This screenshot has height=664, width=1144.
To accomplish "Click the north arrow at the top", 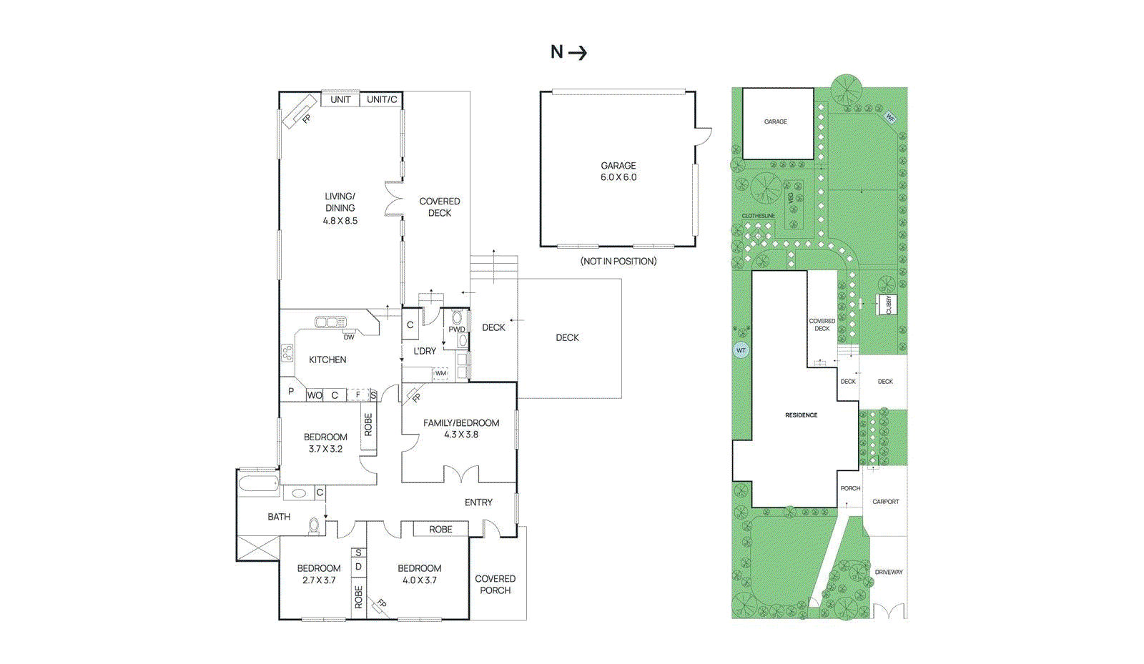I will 568,52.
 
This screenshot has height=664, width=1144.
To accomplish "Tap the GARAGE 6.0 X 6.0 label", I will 618,172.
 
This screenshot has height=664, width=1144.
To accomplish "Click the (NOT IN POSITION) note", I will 618,262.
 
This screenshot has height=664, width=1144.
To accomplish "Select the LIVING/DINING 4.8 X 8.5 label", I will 340,208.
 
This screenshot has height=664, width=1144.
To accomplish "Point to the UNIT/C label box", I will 381,99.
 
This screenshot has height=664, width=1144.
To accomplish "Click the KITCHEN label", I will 327,360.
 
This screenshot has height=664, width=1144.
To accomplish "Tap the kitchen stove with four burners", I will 287,352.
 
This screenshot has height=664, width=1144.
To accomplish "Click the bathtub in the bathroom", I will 258,484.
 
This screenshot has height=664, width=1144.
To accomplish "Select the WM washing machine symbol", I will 441,373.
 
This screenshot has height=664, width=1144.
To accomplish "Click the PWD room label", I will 456,329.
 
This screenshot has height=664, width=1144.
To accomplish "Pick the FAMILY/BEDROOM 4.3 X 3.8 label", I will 461,428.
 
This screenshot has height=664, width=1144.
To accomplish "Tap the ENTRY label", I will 478,502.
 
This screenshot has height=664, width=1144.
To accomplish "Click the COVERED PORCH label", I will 495,585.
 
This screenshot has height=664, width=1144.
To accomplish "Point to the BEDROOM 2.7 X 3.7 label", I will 319,574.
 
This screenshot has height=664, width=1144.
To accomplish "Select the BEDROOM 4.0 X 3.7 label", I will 420,574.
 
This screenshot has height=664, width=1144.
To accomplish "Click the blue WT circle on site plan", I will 741,350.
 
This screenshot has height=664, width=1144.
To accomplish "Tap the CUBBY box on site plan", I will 889,304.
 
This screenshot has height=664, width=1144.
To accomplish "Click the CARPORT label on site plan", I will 886,502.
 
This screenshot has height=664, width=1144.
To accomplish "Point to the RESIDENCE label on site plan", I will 801,415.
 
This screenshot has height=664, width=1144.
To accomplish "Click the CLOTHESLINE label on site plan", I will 758,216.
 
